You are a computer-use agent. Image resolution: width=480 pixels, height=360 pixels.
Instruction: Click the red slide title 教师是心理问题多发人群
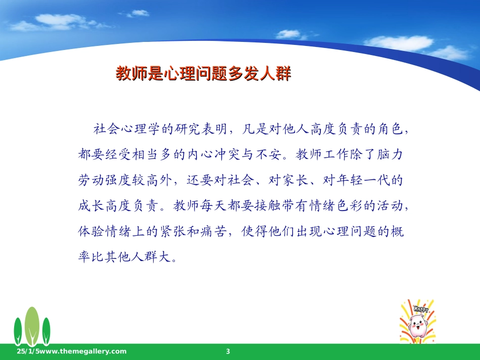203,73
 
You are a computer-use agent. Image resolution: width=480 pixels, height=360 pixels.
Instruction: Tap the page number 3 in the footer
228,351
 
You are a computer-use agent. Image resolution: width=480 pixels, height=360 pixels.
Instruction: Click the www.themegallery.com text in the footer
83,351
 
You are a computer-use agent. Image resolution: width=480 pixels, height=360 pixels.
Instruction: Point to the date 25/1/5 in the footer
28,351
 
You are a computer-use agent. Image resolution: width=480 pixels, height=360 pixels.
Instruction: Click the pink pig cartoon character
417,326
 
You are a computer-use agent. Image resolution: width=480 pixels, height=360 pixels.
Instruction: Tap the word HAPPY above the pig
421,309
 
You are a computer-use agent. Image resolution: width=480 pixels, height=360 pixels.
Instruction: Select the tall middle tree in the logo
32,326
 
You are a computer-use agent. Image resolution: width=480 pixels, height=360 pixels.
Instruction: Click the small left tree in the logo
18,331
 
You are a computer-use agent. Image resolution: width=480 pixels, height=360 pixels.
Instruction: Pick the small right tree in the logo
46,331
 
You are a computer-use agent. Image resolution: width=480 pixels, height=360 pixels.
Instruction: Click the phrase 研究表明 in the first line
201,129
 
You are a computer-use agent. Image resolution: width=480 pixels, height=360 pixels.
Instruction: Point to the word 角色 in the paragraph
390,129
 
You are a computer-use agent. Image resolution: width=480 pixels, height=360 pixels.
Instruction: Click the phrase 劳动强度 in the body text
105,180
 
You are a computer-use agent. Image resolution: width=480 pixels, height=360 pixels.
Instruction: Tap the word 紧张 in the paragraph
173,231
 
